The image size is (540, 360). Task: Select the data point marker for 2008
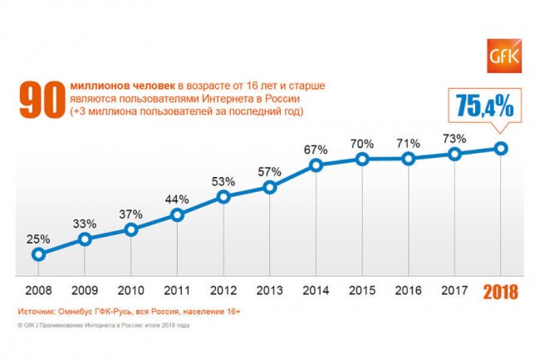(x=38, y=254)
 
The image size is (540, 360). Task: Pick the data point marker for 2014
(x=317, y=165)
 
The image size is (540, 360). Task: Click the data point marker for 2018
(x=501, y=148)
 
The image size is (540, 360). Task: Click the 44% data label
(x=177, y=200)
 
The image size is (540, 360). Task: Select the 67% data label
(x=317, y=149)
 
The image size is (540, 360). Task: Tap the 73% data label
(x=454, y=138)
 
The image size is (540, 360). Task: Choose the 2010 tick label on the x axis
(x=130, y=292)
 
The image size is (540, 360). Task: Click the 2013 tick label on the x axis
(x=270, y=292)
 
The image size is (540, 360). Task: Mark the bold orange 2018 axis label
(x=500, y=292)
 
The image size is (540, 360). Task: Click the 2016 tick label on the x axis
(x=409, y=292)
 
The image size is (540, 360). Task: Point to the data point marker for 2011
(x=177, y=215)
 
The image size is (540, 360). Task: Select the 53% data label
(x=223, y=180)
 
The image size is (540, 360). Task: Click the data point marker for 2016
(x=409, y=158)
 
